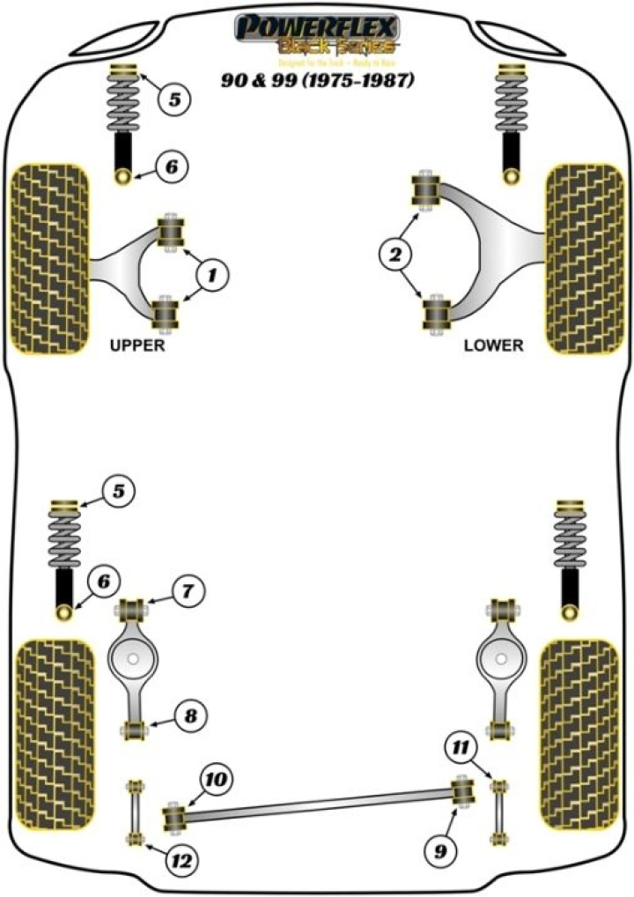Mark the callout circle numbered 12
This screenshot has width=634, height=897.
(183, 859)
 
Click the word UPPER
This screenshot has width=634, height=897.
(136, 345)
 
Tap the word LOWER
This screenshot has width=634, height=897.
(493, 345)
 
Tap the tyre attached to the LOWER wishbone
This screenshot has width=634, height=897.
(585, 257)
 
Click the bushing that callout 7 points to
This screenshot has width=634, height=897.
(135, 607)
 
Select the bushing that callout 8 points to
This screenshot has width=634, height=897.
(135, 730)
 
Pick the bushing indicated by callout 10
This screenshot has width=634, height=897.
(175, 815)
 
